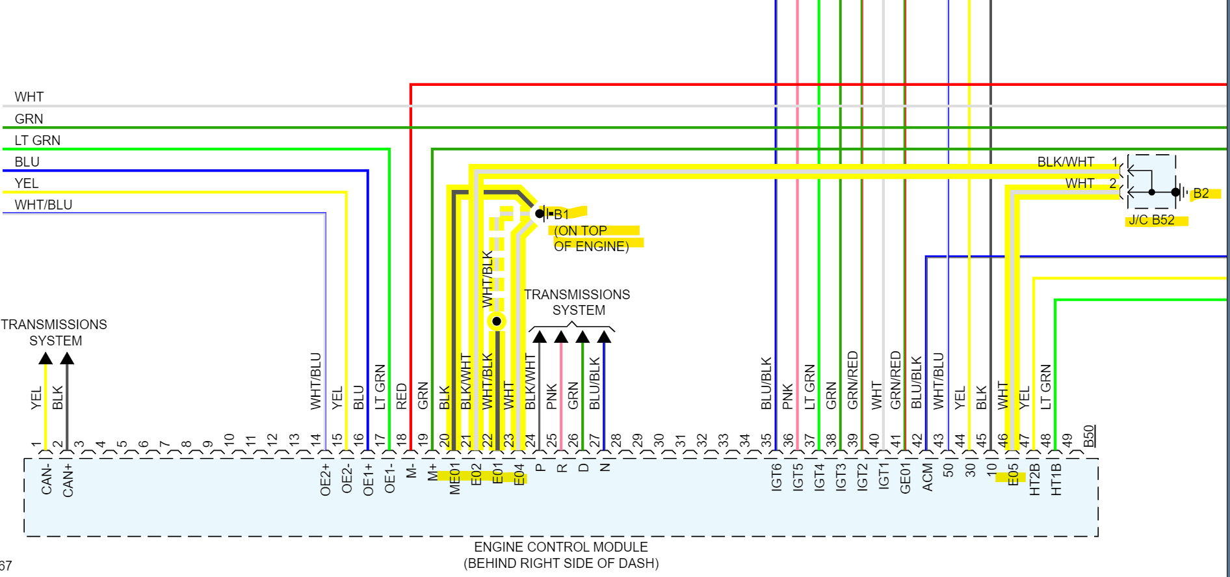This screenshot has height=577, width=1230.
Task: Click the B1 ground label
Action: [x=561, y=214]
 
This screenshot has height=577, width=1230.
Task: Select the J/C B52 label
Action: [x=1151, y=220]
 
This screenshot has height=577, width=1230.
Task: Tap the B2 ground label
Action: [x=1201, y=193]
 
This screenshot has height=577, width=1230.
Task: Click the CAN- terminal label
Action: [x=47, y=480]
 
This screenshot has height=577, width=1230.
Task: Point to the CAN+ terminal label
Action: [x=68, y=480]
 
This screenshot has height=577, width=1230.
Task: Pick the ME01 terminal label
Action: [x=455, y=480]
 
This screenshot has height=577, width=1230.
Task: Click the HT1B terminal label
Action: [x=1056, y=479]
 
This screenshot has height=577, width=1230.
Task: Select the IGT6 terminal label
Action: [x=776, y=477]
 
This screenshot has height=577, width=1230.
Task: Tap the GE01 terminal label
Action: [x=905, y=478]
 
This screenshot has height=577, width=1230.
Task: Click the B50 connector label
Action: [x=1090, y=436]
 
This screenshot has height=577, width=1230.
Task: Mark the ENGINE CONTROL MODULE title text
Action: [x=560, y=547]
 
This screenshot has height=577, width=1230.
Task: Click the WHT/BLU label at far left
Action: [x=44, y=205]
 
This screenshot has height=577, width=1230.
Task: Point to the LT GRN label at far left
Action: [x=38, y=141]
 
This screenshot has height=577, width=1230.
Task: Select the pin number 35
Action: [x=766, y=441]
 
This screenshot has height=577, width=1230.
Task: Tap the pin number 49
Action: [x=1066, y=441]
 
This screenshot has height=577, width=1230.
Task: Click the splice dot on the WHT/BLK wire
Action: [x=497, y=321]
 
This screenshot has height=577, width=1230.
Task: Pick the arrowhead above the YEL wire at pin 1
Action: [x=46, y=358]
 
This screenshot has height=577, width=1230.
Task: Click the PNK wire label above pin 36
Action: [x=788, y=396]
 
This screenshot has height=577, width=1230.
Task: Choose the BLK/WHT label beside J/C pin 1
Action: [x=1066, y=162]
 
